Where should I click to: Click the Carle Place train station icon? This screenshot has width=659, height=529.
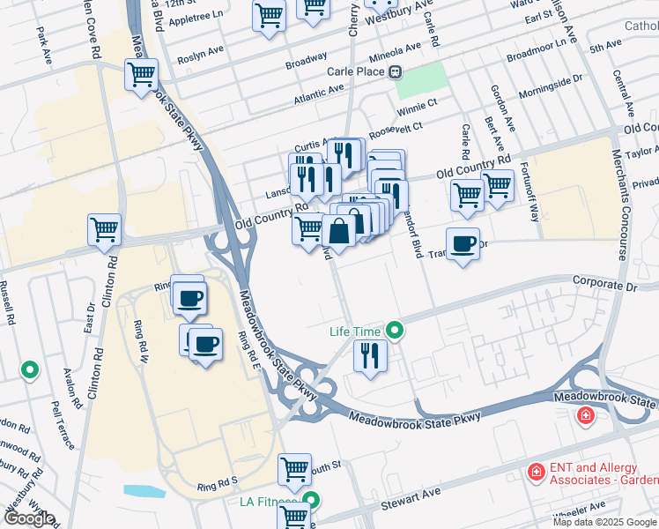point(396,71)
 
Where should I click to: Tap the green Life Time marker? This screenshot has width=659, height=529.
point(396,332)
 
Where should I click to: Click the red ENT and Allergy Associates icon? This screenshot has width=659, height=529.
point(534,473)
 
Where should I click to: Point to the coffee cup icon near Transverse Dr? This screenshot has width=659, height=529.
point(463,243)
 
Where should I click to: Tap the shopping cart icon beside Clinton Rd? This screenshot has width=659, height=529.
point(105,229)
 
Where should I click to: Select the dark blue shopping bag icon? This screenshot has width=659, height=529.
point(339,232)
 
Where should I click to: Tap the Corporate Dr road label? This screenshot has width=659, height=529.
point(603,287)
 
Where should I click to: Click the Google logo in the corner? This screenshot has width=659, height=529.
point(29,518)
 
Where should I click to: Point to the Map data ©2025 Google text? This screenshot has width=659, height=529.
point(604,522)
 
